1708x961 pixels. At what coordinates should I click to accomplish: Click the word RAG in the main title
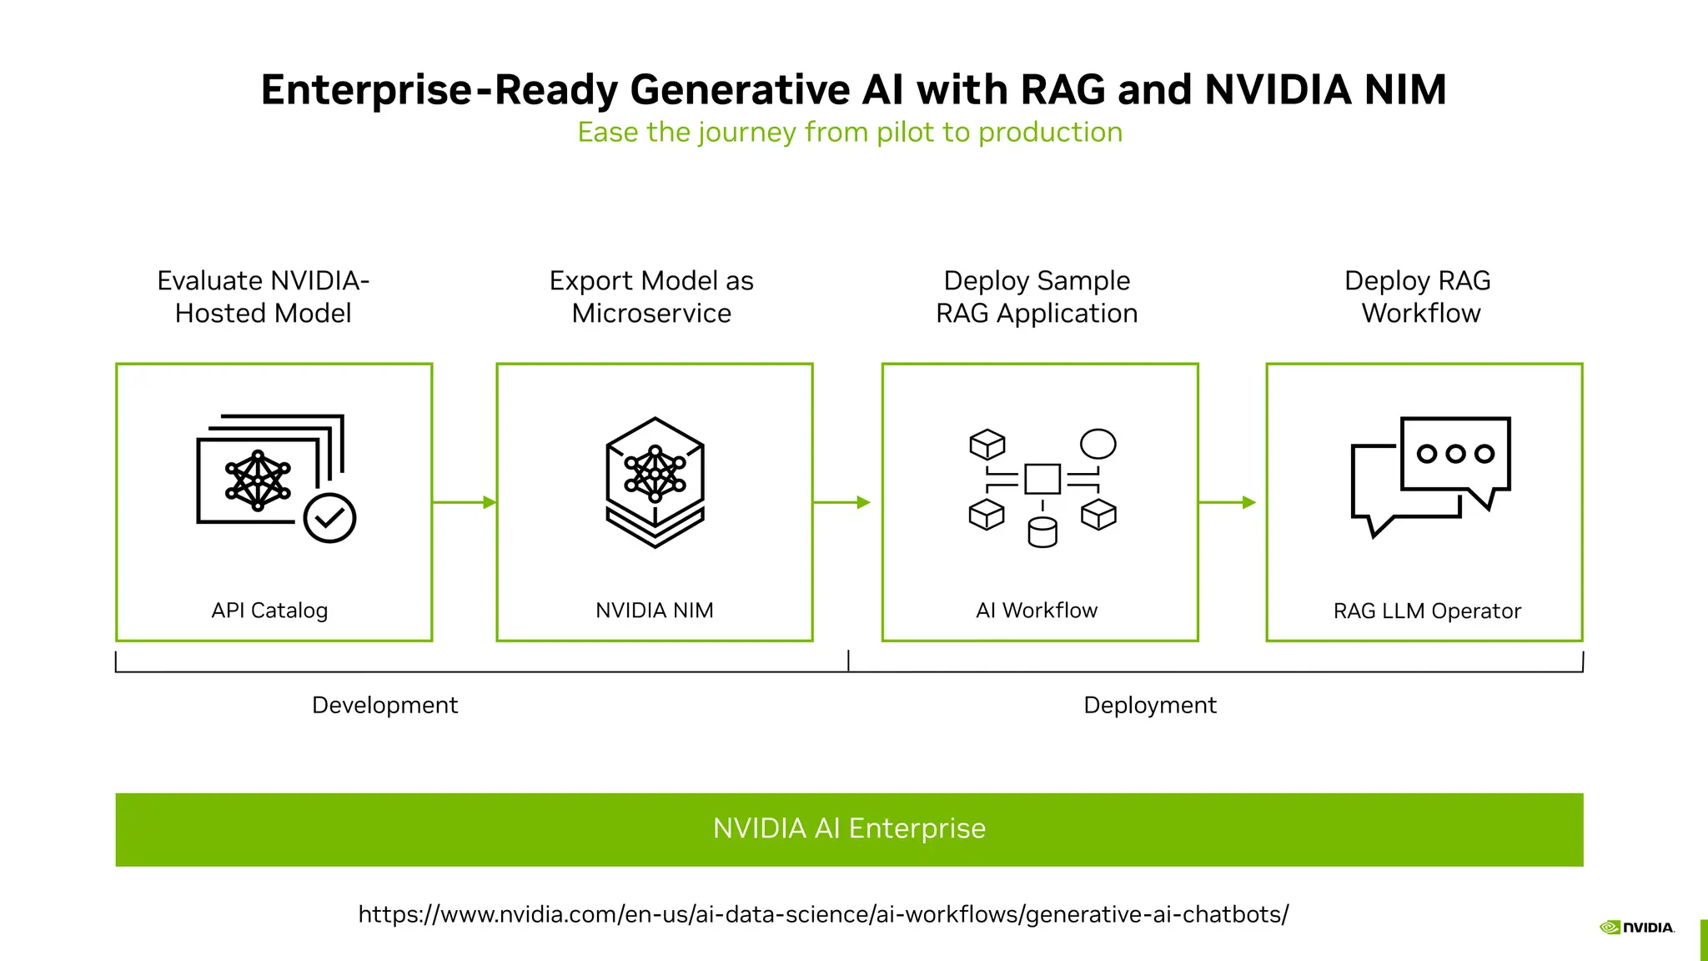pyautogui.click(x=1062, y=89)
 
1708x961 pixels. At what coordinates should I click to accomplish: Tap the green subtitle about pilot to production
pyautogui.click(x=850, y=132)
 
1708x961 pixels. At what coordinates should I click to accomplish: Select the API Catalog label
pyautogui.click(x=269, y=611)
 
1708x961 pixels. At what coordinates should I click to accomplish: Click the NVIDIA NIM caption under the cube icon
pyautogui.click(x=655, y=610)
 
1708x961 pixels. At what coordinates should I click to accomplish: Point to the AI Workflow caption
pyautogui.click(x=1037, y=610)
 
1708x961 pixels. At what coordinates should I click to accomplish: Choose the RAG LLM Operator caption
pyautogui.click(x=1427, y=611)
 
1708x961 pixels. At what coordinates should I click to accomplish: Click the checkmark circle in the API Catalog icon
pyautogui.click(x=329, y=518)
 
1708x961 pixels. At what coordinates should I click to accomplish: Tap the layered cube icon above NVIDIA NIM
pyautogui.click(x=656, y=482)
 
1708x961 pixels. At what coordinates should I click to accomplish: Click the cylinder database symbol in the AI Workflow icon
pyautogui.click(x=1042, y=532)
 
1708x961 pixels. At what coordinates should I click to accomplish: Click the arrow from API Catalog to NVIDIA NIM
pyautogui.click(x=465, y=502)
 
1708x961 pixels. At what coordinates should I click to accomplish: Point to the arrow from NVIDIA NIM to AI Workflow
pyautogui.click(x=842, y=502)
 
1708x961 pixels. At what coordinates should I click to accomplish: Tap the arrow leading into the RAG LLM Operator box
pyautogui.click(x=1228, y=502)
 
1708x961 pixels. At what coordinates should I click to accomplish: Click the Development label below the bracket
pyautogui.click(x=384, y=706)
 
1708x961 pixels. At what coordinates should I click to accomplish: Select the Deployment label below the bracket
pyautogui.click(x=1150, y=706)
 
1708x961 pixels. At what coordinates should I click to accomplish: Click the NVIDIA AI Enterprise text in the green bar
pyautogui.click(x=849, y=828)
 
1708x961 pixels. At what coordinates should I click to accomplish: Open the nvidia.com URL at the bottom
pyautogui.click(x=823, y=914)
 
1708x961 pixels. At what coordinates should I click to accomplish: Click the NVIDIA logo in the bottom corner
pyautogui.click(x=1637, y=928)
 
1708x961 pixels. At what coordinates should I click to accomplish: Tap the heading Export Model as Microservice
pyautogui.click(x=651, y=297)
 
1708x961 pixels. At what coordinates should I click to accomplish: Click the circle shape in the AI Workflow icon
pyautogui.click(x=1098, y=444)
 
